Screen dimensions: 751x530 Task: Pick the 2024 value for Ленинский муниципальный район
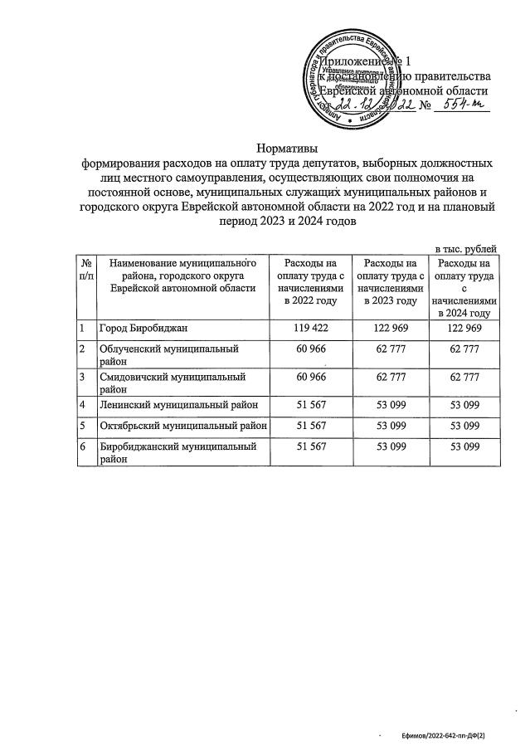tap(464, 404)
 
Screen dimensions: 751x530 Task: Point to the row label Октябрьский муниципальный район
tap(183, 426)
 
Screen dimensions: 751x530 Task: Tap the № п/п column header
tap(85, 269)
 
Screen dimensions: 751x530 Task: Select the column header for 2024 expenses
tap(464, 287)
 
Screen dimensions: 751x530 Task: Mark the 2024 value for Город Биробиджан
tap(464, 329)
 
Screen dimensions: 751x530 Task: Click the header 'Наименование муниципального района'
tap(183, 275)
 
